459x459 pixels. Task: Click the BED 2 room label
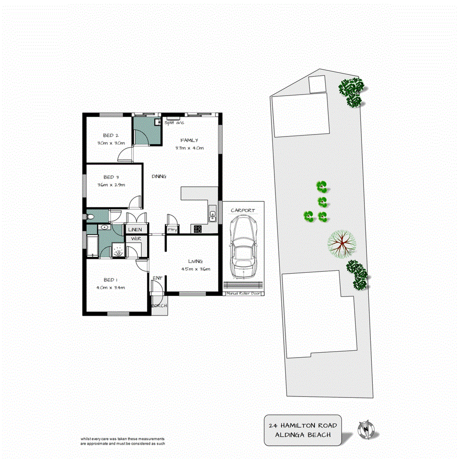click(110, 135)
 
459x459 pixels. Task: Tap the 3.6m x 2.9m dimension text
click(111, 185)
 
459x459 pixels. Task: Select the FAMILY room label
click(189, 140)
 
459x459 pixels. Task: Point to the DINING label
click(159, 176)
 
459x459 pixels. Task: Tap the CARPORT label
click(243, 211)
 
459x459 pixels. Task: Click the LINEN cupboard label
click(135, 230)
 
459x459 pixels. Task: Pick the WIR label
click(134, 239)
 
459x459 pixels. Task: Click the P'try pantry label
click(172, 229)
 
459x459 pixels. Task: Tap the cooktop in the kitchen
click(198, 229)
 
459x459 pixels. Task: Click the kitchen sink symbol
click(212, 214)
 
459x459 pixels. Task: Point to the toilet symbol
click(91, 217)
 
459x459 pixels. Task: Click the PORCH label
click(159, 306)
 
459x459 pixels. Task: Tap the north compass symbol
click(365, 428)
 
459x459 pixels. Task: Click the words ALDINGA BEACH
click(303, 435)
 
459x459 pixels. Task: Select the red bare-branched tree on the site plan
click(342, 244)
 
